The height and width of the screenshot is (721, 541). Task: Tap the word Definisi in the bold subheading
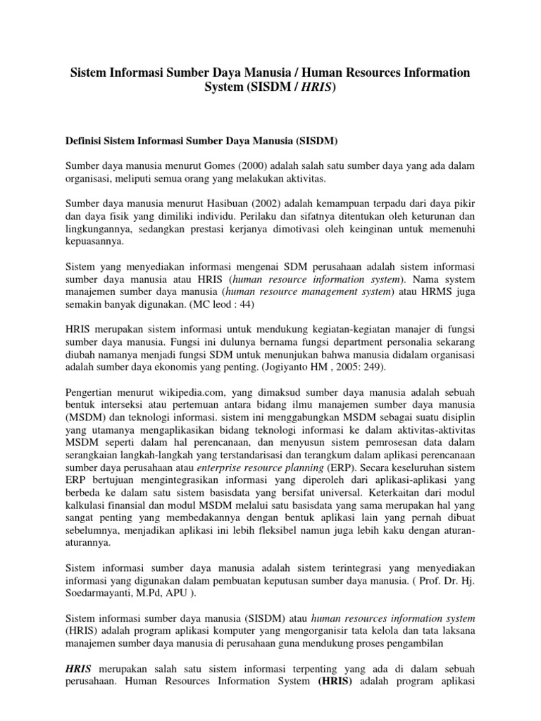pyautogui.click(x=84, y=142)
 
